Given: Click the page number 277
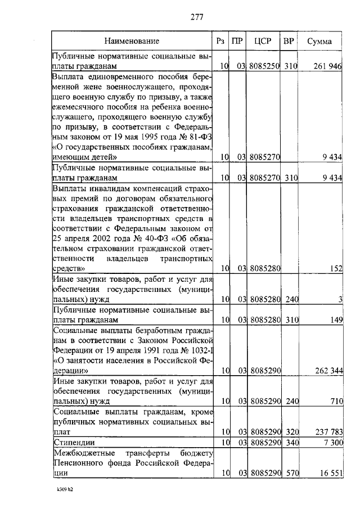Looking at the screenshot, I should (196, 16).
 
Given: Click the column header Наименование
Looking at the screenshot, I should (131, 41).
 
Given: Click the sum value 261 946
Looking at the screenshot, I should (327, 66).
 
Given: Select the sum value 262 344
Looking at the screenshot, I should (327, 371).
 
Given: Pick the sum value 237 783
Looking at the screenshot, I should (327, 431).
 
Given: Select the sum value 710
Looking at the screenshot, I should (336, 401).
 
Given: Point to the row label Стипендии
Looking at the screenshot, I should (73, 443).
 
